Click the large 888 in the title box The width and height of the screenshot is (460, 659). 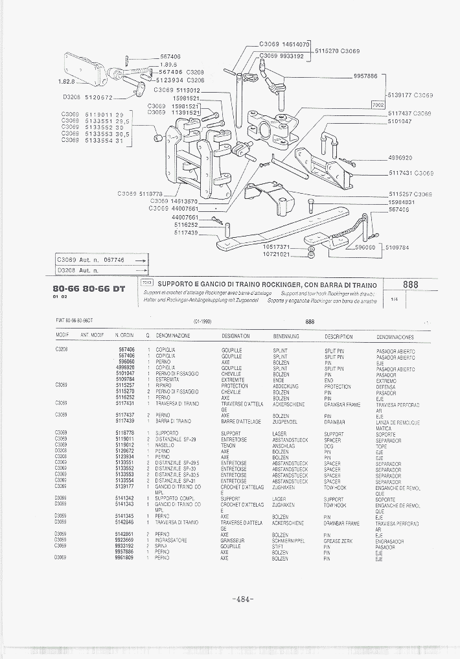pyautogui.click(x=410, y=284)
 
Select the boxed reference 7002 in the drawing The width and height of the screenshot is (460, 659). pyautogui.click(x=378, y=104)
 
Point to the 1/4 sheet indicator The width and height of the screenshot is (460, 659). pyautogui.click(x=395, y=300)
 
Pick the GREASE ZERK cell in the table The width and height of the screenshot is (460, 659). pyautogui.click(x=338, y=540)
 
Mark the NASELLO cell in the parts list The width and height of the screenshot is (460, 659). pyautogui.click(x=165, y=445)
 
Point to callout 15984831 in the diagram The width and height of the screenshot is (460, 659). pyautogui.click(x=402, y=202)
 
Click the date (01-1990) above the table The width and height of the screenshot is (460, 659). pyautogui.click(x=202, y=321)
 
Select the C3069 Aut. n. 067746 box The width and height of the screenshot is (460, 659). pyautogui.click(x=101, y=259)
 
